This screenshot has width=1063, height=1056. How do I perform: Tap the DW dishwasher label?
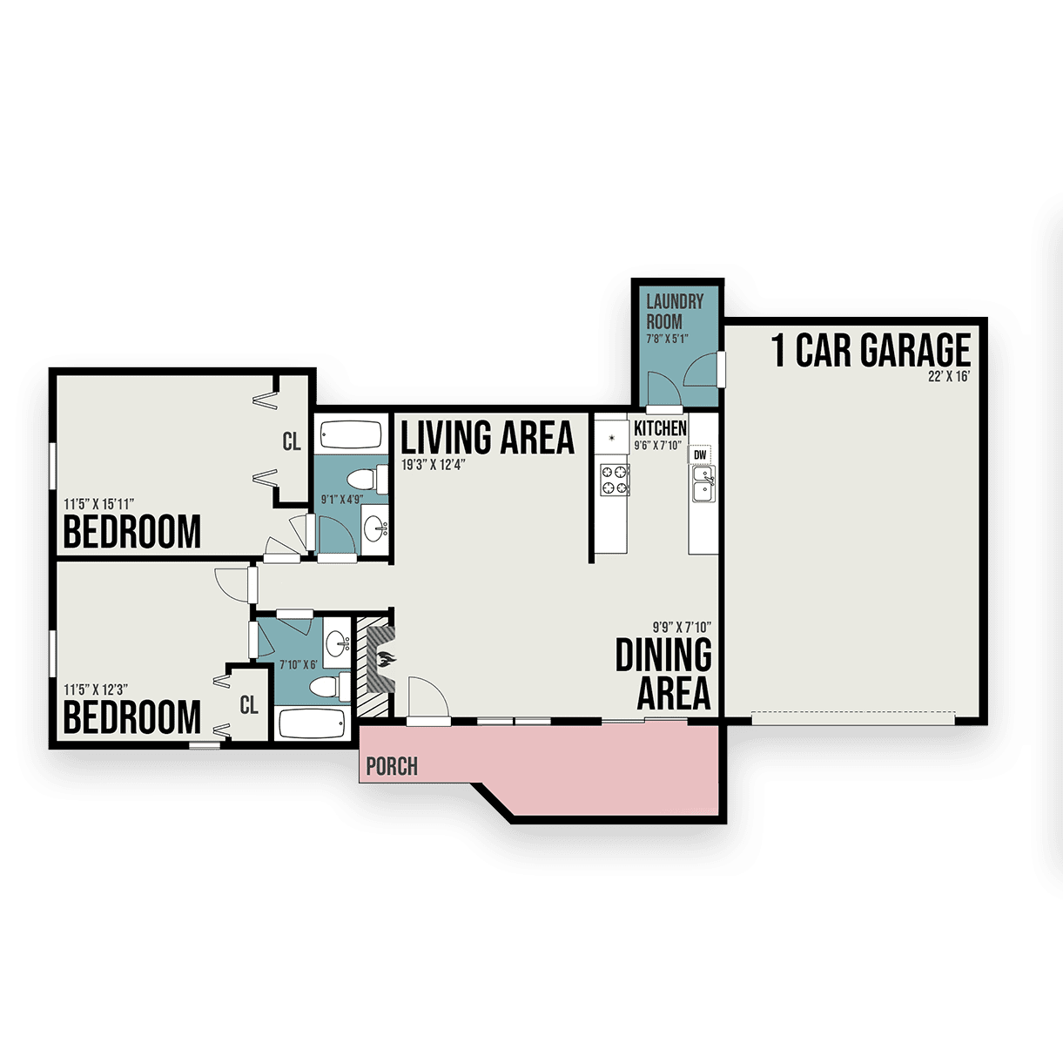pyautogui.click(x=700, y=455)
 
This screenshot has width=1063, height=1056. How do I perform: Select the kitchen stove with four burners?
pyautogui.click(x=615, y=480)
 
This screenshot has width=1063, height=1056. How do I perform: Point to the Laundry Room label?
pyautogui.click(x=675, y=311)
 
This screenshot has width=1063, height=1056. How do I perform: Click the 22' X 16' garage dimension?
pyautogui.click(x=949, y=378)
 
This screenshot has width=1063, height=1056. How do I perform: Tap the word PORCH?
pyautogui.click(x=392, y=766)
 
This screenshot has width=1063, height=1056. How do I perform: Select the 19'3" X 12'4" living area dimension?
pyautogui.click(x=434, y=465)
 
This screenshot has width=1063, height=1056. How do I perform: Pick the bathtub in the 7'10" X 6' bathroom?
pyautogui.click(x=313, y=723)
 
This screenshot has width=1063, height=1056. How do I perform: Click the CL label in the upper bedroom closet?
pyautogui.click(x=292, y=441)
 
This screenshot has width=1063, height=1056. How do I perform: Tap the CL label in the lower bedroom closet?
pyautogui.click(x=249, y=705)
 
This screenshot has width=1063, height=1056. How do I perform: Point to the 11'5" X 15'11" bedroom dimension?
pyautogui.click(x=99, y=504)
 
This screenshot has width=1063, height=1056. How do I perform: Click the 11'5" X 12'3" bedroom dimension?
pyautogui.click(x=96, y=689)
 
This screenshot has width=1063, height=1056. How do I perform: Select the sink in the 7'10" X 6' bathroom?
pyautogui.click(x=337, y=642)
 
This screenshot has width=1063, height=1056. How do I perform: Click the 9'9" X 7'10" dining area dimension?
pyautogui.click(x=682, y=627)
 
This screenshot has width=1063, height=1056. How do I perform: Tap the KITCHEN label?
pyautogui.click(x=660, y=428)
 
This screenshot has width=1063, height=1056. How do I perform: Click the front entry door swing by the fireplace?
pyautogui.click(x=428, y=696)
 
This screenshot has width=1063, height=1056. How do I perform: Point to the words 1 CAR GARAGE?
pyautogui.click(x=871, y=350)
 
